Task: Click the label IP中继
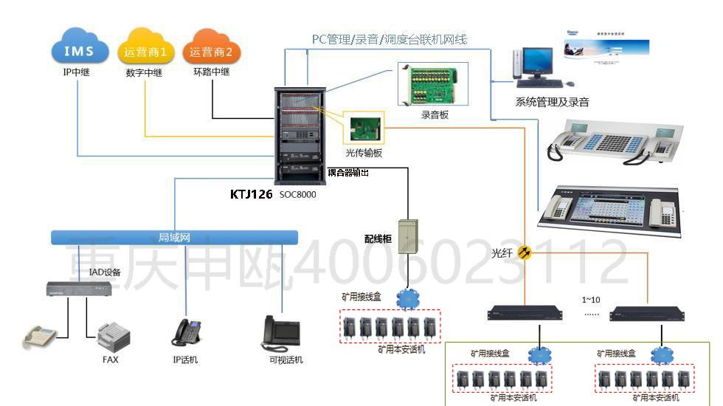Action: click(77, 72)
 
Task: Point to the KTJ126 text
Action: click(252, 194)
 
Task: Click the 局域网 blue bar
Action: click(175, 238)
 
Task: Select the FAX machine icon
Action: click(114, 336)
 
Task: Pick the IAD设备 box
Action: click(79, 289)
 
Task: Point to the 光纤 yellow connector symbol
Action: click(525, 252)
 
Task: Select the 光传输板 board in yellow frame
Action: click(364, 127)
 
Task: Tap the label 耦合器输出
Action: click(348, 172)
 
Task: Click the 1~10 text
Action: click(591, 300)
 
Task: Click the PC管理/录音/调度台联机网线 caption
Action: click(389, 39)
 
